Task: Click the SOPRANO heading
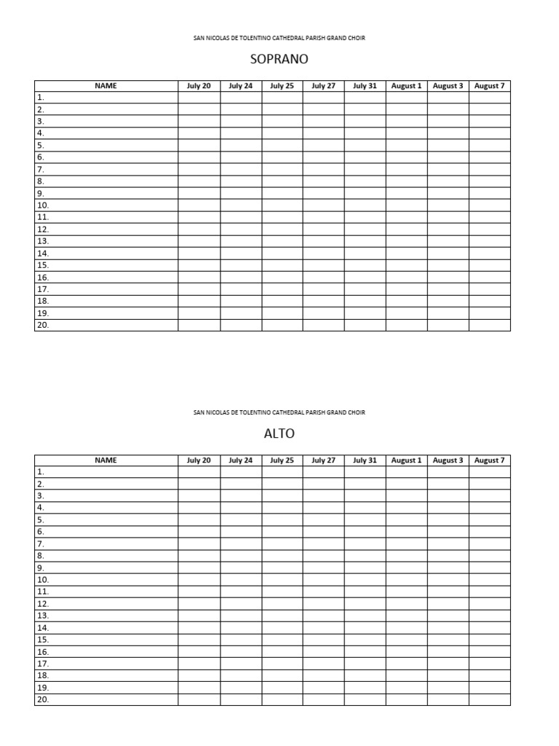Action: click(279, 59)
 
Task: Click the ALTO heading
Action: click(279, 433)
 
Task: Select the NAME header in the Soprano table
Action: click(106, 86)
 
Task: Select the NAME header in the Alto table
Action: click(106, 460)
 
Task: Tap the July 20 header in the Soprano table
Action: click(199, 86)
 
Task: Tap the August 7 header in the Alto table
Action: click(489, 460)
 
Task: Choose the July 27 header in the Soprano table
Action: click(323, 86)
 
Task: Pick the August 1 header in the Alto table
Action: click(406, 460)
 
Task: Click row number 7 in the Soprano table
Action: click(41, 169)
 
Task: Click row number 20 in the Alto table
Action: click(43, 699)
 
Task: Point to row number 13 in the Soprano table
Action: click(43, 241)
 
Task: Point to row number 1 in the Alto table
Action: click(41, 472)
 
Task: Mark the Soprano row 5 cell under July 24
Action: click(241, 145)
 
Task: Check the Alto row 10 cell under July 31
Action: click(365, 580)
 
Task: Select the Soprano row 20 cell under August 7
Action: click(489, 326)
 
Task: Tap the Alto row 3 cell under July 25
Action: click(282, 496)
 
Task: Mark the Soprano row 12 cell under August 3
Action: click(448, 229)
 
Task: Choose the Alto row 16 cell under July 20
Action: click(199, 652)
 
